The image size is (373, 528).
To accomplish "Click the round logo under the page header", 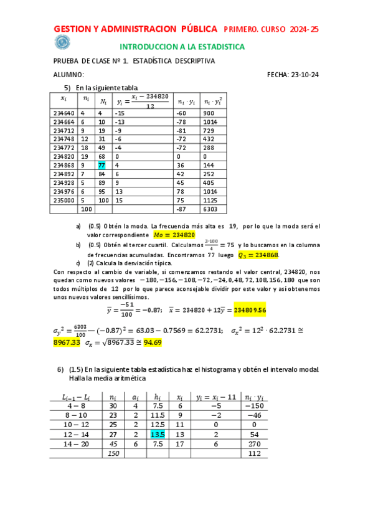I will pos(62,42).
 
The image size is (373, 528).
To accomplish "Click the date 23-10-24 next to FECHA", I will pos(305,75).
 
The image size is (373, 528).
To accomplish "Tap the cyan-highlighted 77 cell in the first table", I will pos(102,165).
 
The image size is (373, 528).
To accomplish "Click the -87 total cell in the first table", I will pos(182,210).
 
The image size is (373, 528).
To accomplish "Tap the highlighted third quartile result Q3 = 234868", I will pos(259,255).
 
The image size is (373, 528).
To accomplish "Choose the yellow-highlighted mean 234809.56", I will pos(250,309).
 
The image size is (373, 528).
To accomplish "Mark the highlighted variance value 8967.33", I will pos(67,342).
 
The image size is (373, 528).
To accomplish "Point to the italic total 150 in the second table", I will pos(113,454).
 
